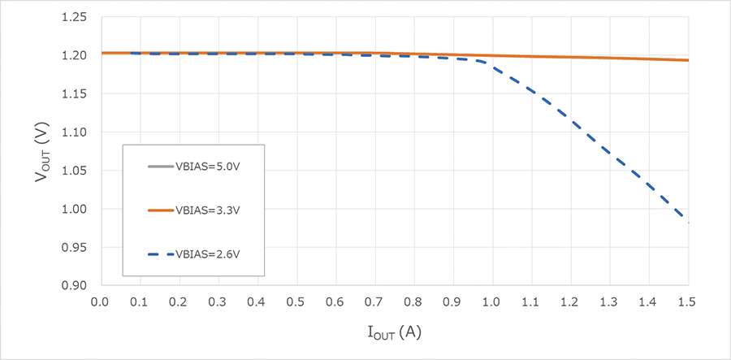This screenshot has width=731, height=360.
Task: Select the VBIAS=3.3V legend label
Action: (208, 210)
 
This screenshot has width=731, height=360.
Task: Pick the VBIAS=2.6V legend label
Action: (208, 254)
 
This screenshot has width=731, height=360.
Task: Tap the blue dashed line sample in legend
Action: (160, 254)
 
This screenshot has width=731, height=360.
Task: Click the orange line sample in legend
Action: (160, 210)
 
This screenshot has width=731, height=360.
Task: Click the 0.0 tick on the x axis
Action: (100, 301)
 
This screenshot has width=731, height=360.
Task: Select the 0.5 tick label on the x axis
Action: (296, 301)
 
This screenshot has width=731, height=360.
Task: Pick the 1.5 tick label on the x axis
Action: (688, 301)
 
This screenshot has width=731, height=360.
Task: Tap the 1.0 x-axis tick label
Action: (492, 301)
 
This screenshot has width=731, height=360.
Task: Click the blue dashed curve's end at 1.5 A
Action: (688, 222)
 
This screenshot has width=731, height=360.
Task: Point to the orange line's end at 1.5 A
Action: (688, 60)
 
